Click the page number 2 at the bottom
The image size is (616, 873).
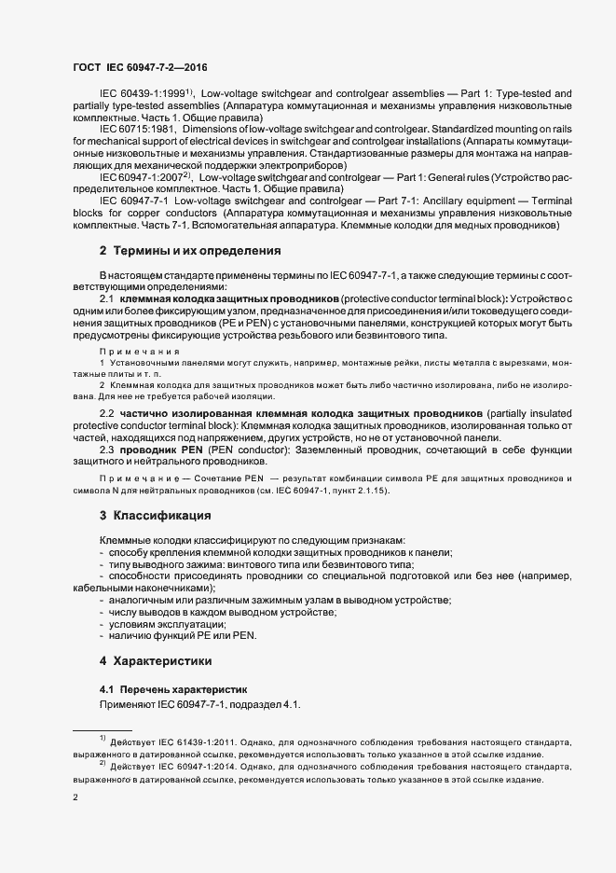tap(76, 797)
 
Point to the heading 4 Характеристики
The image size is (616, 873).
tap(162, 661)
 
